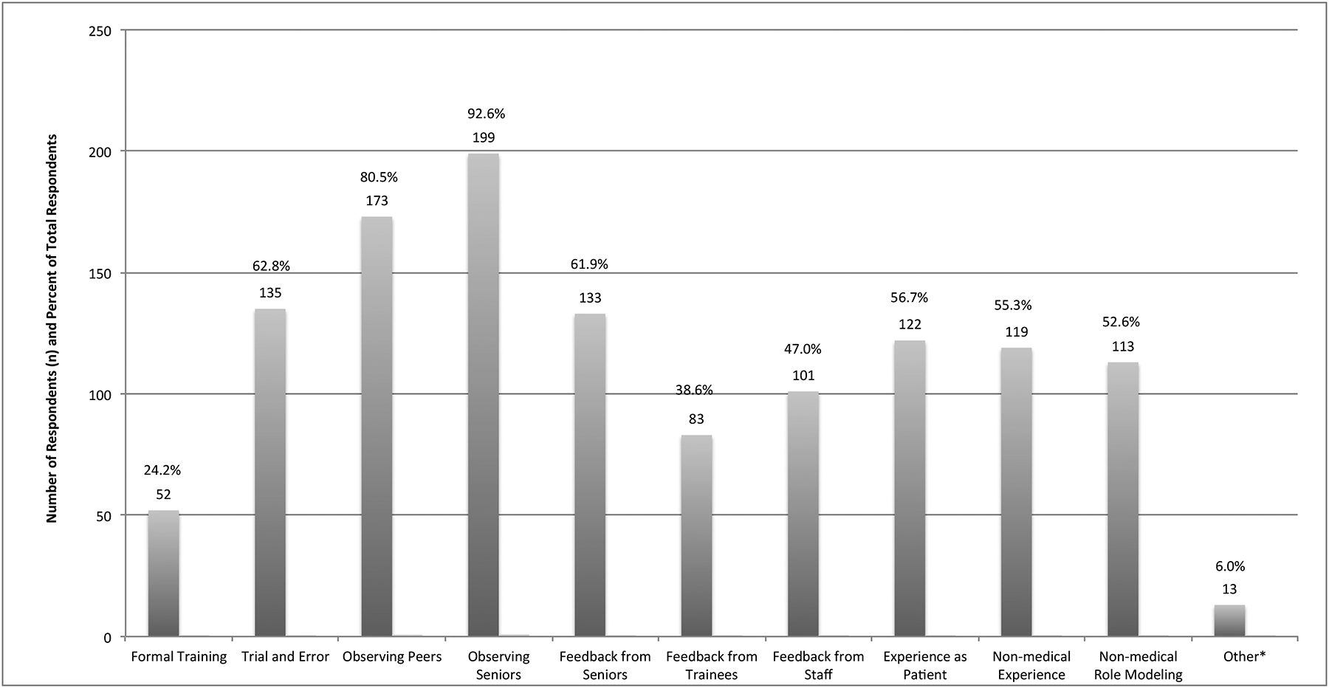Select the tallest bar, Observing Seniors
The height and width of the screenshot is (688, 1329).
pyautogui.click(x=484, y=395)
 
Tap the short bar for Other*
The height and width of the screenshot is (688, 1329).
pyautogui.click(x=1229, y=621)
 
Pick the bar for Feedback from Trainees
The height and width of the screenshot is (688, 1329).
pyautogui.click(x=696, y=536)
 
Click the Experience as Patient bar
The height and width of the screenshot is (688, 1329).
pyautogui.click(x=910, y=489)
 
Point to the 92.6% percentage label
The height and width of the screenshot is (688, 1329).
pyautogui.click(x=486, y=114)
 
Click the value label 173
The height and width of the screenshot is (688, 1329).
pyautogui.click(x=377, y=201)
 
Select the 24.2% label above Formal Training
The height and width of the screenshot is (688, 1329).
pyautogui.click(x=162, y=470)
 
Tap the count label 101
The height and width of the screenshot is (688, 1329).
pyautogui.click(x=803, y=376)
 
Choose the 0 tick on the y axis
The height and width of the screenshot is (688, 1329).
pyautogui.click(x=107, y=638)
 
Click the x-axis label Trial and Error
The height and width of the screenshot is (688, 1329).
pyautogui.click(x=285, y=657)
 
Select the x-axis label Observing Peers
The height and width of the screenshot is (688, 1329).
pyautogui.click(x=392, y=657)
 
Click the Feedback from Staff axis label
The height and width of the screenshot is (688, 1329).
pyautogui.click(x=818, y=666)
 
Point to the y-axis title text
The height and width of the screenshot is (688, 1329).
pyautogui.click(x=52, y=328)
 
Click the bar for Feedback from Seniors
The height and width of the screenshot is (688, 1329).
pyautogui.click(x=590, y=475)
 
